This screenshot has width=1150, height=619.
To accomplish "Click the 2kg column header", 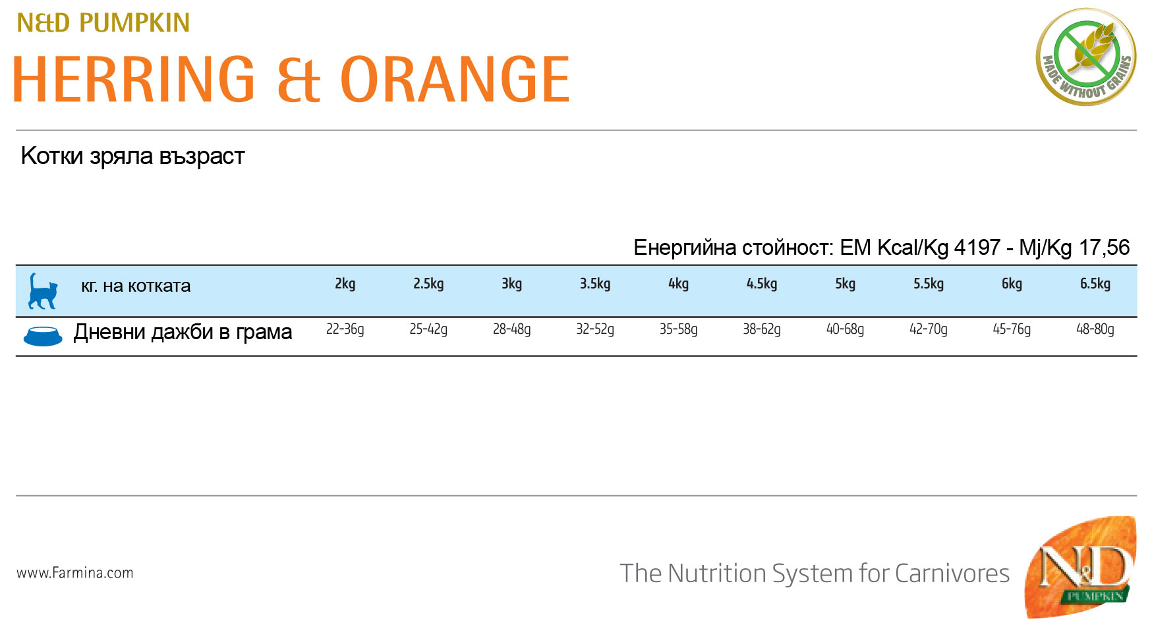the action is click(345, 284).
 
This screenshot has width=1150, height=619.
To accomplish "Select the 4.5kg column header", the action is click(762, 284).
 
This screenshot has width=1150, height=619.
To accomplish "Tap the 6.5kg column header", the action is click(1095, 284).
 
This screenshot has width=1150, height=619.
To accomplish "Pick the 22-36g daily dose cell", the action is click(345, 329).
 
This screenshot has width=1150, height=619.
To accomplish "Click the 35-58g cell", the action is click(679, 329).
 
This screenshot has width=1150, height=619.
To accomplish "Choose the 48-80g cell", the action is click(1095, 329).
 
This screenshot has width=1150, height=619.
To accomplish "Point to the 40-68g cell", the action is click(846, 329).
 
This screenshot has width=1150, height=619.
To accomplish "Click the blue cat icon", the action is click(43, 291).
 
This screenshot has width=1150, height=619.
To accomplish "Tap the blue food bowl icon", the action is click(43, 336).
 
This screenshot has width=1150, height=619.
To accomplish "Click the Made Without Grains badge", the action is click(1086, 57).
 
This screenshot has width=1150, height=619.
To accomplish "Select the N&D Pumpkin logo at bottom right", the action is click(1081, 567).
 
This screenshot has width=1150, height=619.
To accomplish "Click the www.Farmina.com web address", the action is click(75, 573).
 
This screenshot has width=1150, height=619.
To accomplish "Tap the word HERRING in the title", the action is click(134, 80).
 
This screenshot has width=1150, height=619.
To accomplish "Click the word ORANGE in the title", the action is click(455, 80).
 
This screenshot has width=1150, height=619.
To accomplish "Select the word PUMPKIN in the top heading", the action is click(134, 23).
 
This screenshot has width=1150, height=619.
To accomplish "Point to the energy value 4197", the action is click(977, 248).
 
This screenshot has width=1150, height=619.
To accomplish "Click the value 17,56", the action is click(1104, 248).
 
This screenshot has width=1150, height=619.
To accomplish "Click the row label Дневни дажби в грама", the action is click(183, 332).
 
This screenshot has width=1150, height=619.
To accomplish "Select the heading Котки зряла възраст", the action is click(132, 157).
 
